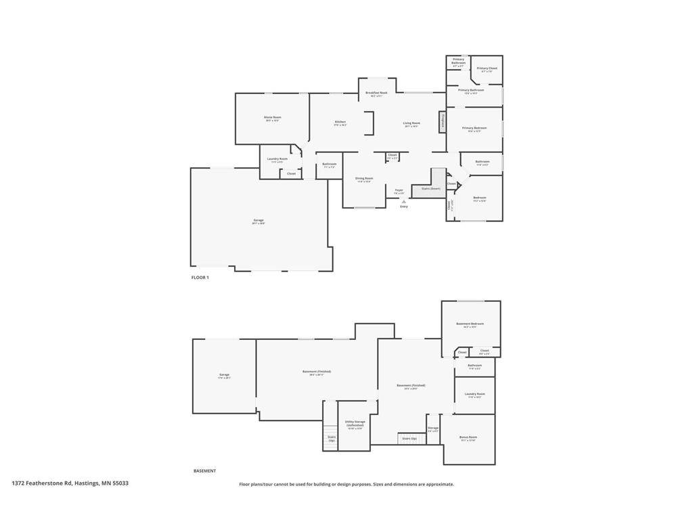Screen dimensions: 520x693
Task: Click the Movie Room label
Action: (272, 118)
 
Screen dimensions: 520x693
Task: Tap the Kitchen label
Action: (340, 123)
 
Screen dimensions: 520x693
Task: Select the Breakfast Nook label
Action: (376, 93)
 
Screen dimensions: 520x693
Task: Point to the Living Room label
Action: (411, 124)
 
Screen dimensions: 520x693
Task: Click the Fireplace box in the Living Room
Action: (443, 122)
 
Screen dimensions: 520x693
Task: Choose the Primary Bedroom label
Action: (474, 129)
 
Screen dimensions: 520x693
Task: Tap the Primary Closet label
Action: (487, 69)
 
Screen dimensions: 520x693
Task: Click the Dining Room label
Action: (364, 179)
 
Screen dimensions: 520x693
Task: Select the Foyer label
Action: (399, 191)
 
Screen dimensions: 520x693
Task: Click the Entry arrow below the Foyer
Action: (403, 202)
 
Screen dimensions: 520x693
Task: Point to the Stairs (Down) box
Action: (430, 189)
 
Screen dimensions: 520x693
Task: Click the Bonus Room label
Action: (468, 438)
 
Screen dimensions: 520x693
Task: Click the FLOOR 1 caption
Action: (200, 278)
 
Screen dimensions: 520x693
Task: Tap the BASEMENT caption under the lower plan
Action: (204, 471)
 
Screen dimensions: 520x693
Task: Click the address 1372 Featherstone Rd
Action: (70, 483)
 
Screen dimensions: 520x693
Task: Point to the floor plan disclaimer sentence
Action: (346, 484)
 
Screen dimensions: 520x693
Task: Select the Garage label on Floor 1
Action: (259, 221)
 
